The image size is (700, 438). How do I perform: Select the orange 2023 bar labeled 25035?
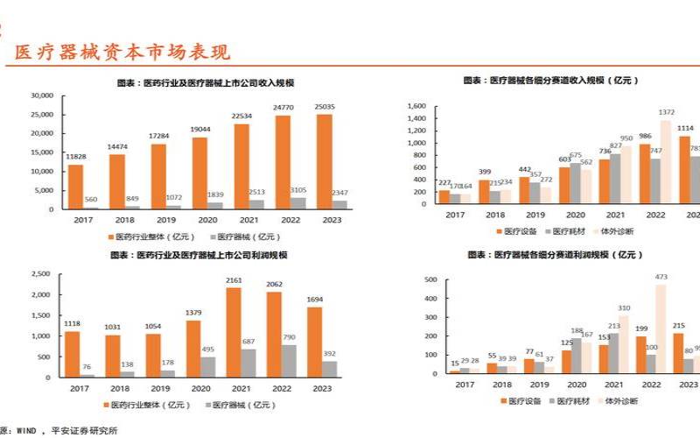(x=324, y=162)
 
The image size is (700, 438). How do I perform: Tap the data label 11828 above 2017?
(x=76, y=156)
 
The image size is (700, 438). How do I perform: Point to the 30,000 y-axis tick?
(x=42, y=95)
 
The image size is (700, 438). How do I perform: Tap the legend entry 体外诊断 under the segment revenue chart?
(x=618, y=231)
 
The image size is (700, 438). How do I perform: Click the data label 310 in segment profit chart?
(x=623, y=308)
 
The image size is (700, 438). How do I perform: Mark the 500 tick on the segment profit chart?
(x=430, y=280)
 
